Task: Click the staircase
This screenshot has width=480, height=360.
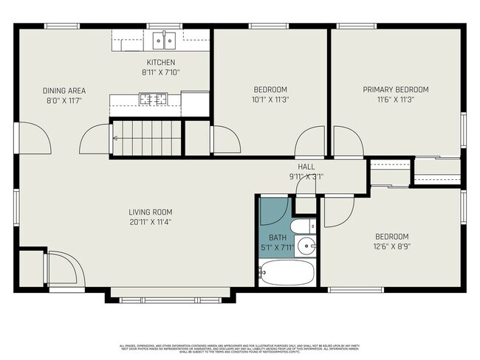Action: (144, 137)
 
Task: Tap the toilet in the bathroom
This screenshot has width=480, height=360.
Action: (303, 226)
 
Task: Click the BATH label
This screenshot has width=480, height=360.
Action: (277, 238)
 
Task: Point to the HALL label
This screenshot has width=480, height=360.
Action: (306, 167)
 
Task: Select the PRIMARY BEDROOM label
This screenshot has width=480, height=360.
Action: (395, 89)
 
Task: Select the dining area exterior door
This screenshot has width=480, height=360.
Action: (31, 136)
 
